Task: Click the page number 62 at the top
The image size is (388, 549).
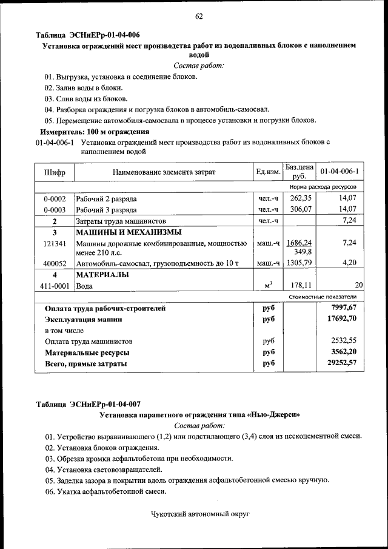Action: pyautogui.click(x=198, y=16)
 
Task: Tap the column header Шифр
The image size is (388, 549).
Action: pyautogui.click(x=55, y=173)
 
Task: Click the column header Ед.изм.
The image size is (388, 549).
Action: pyautogui.click(x=268, y=173)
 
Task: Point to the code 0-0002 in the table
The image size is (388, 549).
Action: pyautogui.click(x=55, y=199)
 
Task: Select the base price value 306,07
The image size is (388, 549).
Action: pyautogui.click(x=300, y=209)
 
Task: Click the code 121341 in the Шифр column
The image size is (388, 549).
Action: pyautogui.click(x=55, y=243)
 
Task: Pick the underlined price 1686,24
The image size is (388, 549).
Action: pyautogui.click(x=299, y=243)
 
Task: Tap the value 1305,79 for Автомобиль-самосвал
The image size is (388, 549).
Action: pyautogui.click(x=299, y=263)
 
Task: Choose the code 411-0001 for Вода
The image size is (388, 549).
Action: pyautogui.click(x=55, y=285)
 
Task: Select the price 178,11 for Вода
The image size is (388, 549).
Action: pyautogui.click(x=301, y=285)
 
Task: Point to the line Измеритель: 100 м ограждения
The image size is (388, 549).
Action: pyautogui.click(x=95, y=131)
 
